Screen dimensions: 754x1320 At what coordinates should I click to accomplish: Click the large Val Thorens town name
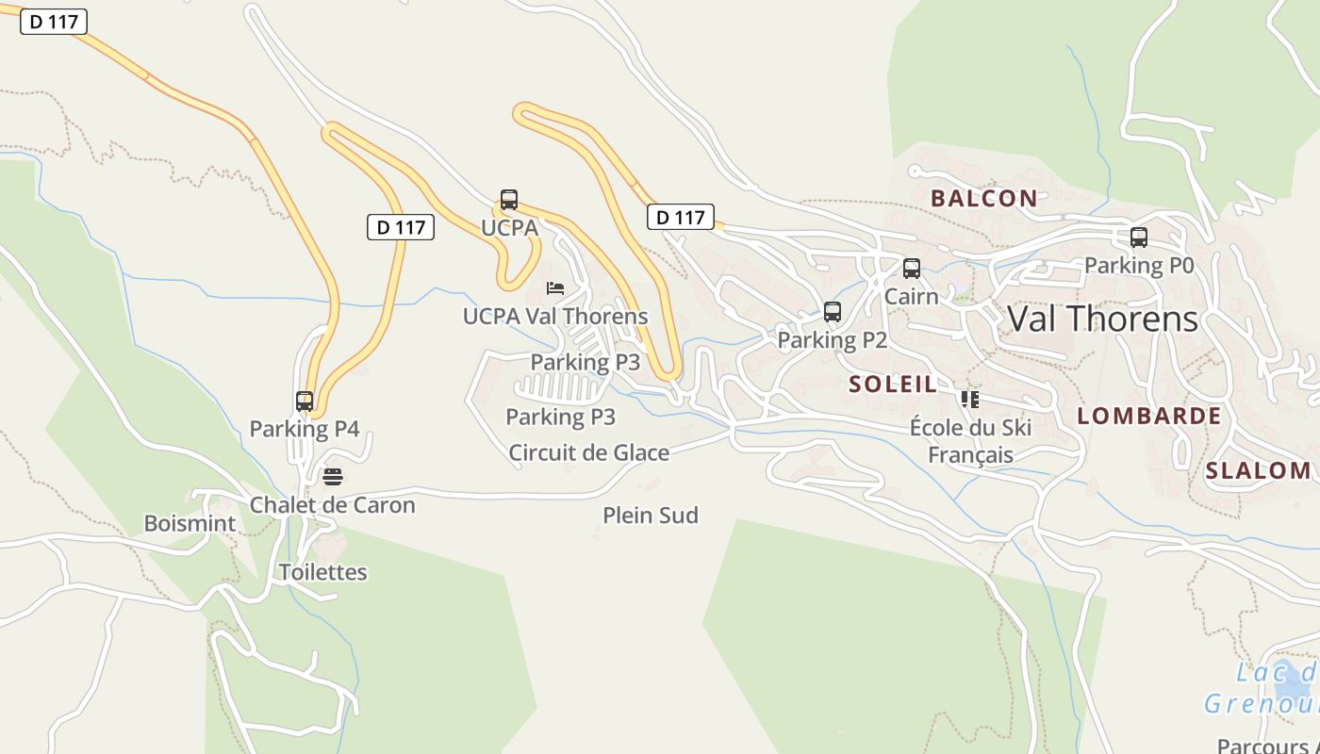click(x=1102, y=319)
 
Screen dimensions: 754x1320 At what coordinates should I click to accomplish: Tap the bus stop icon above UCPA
click(x=509, y=200)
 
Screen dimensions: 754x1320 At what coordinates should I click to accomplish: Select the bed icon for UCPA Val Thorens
click(x=555, y=288)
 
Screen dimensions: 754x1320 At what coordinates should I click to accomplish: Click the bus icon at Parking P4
click(x=304, y=402)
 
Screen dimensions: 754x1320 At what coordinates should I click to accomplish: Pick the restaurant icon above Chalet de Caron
click(x=332, y=477)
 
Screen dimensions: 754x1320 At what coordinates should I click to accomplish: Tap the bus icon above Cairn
click(x=911, y=269)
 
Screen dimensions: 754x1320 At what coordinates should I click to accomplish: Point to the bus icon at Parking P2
click(x=832, y=312)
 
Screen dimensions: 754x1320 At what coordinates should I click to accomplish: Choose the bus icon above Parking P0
click(x=1139, y=238)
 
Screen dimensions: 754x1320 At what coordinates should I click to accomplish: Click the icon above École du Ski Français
click(x=970, y=400)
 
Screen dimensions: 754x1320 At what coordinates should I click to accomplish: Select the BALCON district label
click(x=983, y=198)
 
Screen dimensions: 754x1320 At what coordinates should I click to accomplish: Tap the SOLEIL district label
click(x=893, y=384)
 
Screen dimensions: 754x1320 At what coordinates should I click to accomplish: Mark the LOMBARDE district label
click(x=1148, y=416)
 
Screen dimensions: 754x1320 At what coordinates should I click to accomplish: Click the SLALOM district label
click(x=1258, y=470)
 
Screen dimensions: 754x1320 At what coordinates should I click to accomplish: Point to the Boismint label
click(x=190, y=523)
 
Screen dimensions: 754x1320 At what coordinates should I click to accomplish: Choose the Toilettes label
click(x=322, y=572)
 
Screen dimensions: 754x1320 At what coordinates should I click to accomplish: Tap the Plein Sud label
click(x=651, y=516)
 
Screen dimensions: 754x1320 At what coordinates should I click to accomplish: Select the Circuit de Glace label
click(x=589, y=453)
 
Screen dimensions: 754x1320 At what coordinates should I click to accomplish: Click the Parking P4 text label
click(x=305, y=429)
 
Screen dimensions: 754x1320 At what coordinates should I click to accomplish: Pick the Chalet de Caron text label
click(x=332, y=505)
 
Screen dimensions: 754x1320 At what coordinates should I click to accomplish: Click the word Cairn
click(x=911, y=296)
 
